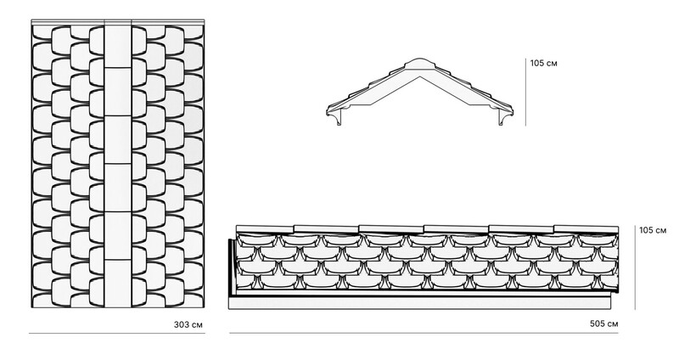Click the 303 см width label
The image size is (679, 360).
pos(188,324)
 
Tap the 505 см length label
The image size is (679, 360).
pos(604,323)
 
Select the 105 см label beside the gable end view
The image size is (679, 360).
pos(544,63)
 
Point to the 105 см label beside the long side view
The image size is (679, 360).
pos(653,230)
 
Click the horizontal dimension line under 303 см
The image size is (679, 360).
pos(117,333)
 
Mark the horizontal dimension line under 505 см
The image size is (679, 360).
pos(424,333)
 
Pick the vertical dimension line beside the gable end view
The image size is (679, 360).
pos(525,92)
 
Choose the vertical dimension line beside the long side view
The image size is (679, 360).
pos(635,267)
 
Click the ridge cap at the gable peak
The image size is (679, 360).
pos(418,64)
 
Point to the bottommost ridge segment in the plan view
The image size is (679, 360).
pos(118,284)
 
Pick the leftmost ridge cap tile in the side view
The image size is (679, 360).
pos(265,229)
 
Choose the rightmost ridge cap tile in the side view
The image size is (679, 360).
pos(586,229)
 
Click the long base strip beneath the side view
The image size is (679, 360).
pos(419,303)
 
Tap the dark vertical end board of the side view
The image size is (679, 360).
pos(232,267)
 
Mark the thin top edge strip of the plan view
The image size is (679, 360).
pos(118,22)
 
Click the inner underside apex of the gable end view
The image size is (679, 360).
pos(419,77)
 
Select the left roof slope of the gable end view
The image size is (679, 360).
pos(369,89)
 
